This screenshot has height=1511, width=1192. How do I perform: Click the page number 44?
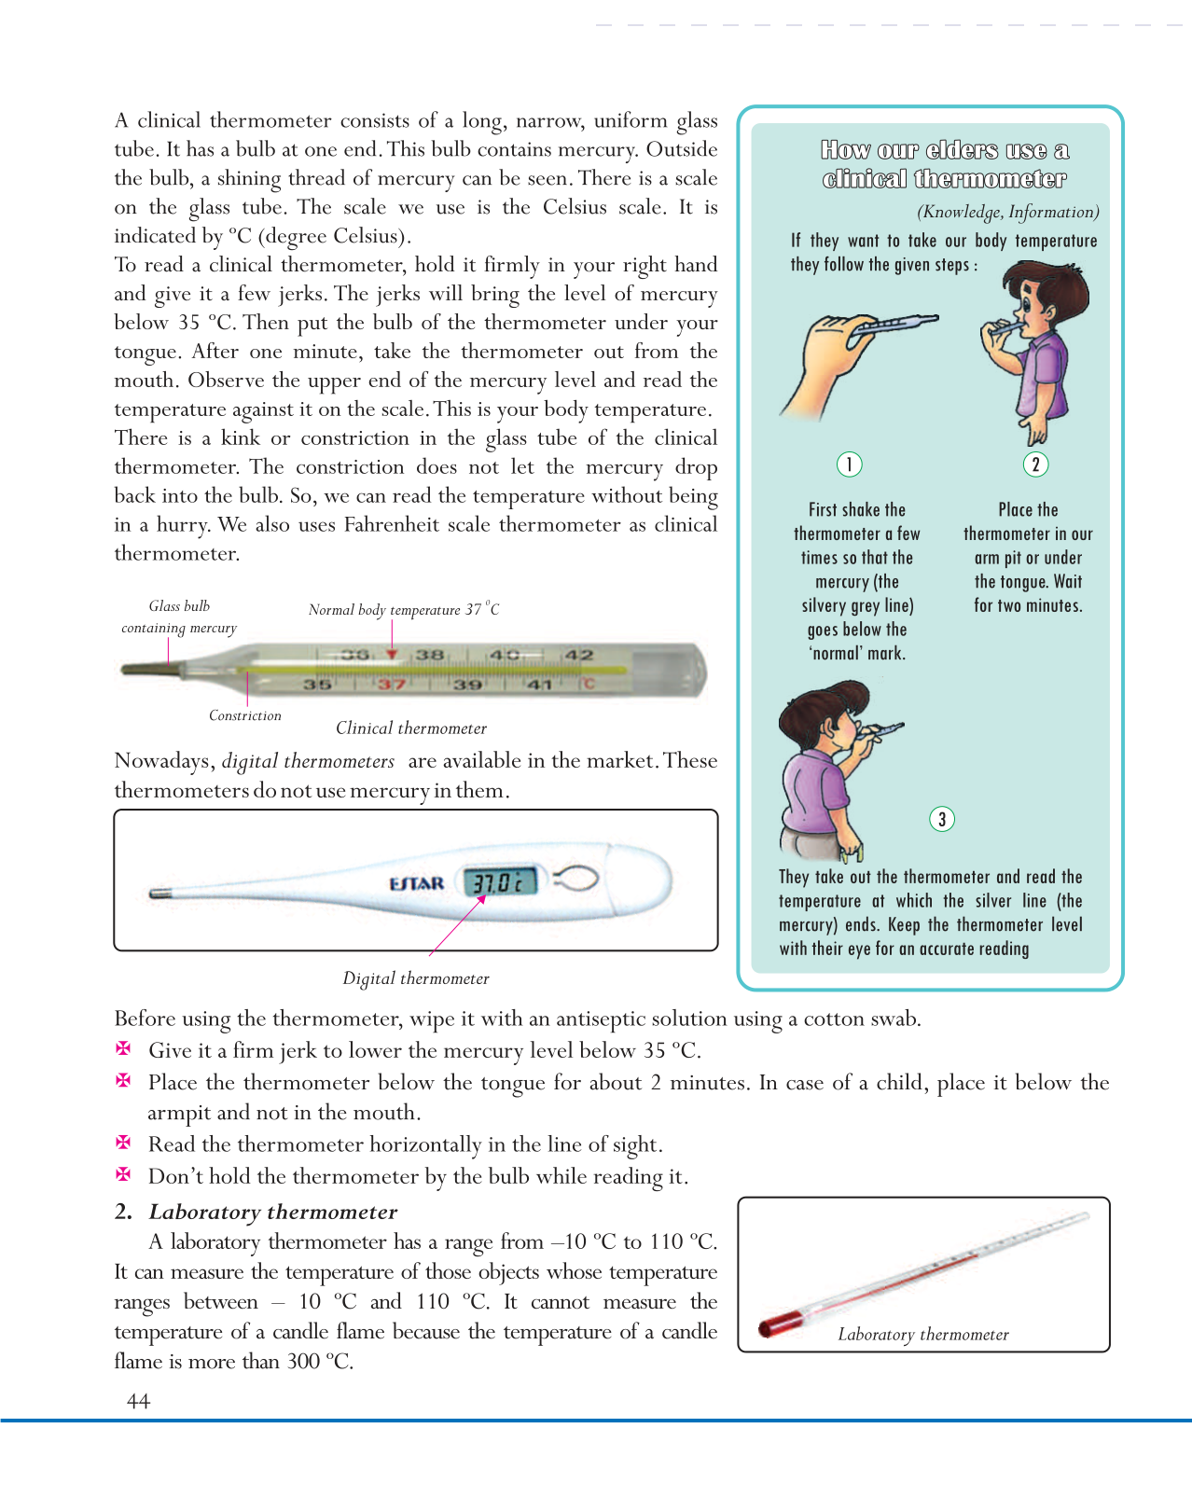point(138,1401)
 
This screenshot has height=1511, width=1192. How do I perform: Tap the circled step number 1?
point(849,464)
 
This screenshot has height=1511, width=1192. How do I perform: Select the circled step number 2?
point(1035,464)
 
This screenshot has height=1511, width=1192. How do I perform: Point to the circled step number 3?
point(942,819)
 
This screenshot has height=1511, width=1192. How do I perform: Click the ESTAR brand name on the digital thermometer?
point(416,882)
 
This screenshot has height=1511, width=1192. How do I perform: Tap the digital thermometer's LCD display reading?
point(501,881)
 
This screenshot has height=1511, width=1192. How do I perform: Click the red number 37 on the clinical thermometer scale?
point(392,685)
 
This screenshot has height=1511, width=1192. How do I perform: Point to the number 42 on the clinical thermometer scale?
point(578,655)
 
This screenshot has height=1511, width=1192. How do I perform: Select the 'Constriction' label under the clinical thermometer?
point(244,715)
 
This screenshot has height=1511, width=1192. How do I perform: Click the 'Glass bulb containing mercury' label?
point(179,617)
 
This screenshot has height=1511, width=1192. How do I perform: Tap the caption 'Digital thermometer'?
point(416,978)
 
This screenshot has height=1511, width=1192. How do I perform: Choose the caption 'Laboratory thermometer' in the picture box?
point(923,1335)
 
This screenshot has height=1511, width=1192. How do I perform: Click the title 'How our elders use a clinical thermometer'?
point(944,164)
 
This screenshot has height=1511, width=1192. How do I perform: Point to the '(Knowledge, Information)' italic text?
point(1007,212)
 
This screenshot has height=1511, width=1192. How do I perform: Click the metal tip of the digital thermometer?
point(159,894)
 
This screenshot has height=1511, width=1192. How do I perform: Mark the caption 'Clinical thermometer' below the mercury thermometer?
point(411,728)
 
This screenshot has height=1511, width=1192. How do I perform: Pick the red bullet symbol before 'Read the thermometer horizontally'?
point(123,1143)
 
